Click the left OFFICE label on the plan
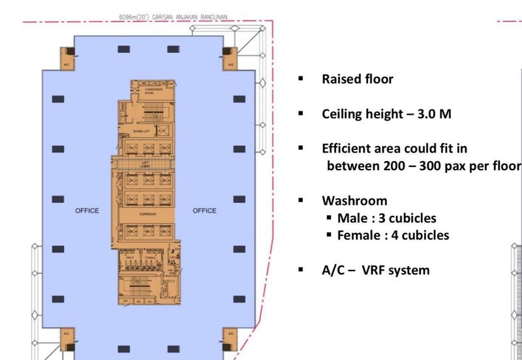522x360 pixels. click(87, 211)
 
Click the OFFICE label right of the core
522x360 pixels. click(204, 211)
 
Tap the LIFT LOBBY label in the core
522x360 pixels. click(146, 165)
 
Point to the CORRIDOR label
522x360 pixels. click(146, 214)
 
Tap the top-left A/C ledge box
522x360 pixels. click(66, 57)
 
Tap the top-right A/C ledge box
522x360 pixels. click(229, 57)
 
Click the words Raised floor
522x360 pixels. click(358, 80)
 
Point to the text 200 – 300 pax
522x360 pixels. click(418, 165)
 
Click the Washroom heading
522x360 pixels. click(354, 200)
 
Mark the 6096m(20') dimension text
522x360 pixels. click(133, 17)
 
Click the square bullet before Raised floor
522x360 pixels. click(301, 79)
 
